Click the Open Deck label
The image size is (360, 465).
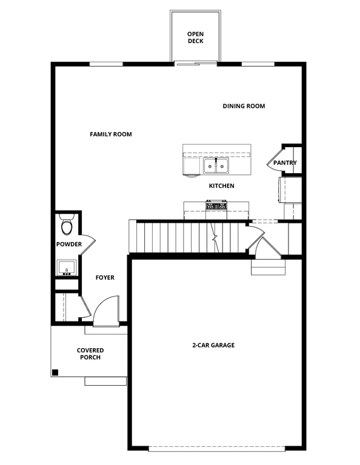[x=195, y=38]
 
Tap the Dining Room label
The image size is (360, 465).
[x=244, y=106]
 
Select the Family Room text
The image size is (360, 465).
[x=111, y=134]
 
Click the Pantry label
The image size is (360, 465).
[x=284, y=163]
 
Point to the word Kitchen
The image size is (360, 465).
[x=221, y=186]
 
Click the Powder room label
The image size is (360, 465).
[x=68, y=245]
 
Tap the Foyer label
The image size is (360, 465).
[x=105, y=278]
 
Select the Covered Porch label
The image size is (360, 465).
[x=90, y=354]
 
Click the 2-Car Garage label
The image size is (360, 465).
[x=213, y=345]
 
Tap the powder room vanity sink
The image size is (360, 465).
[x=66, y=267]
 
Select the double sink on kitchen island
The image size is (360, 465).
[x=215, y=165]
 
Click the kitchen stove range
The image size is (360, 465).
[x=216, y=206]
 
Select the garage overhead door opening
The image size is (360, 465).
[x=216, y=449]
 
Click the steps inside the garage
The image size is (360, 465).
[x=267, y=267]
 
